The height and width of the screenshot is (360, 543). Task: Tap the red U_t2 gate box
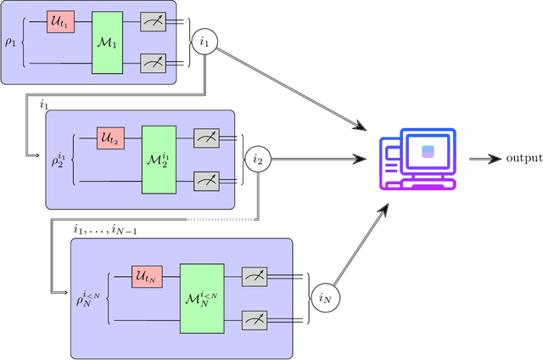click(x=110, y=137)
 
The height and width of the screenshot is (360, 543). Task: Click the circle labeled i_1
click(x=204, y=42)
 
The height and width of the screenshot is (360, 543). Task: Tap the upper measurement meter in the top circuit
click(x=153, y=21)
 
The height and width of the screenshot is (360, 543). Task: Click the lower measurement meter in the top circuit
click(x=153, y=62)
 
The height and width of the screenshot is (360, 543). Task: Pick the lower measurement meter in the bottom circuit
click(x=255, y=319)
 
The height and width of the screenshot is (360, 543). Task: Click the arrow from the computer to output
click(x=484, y=158)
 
